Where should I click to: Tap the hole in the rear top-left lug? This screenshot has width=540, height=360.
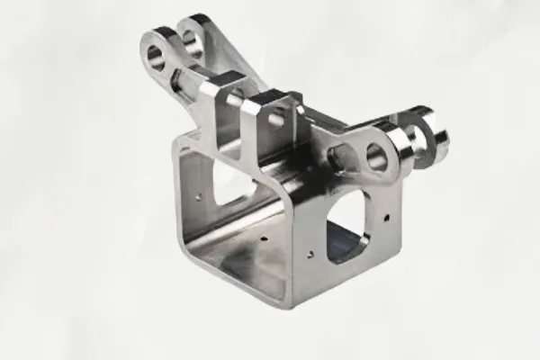click(x=192, y=40)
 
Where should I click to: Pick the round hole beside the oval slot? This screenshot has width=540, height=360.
click(x=376, y=158)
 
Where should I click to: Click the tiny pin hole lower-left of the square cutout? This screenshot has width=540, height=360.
click(x=309, y=248)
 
